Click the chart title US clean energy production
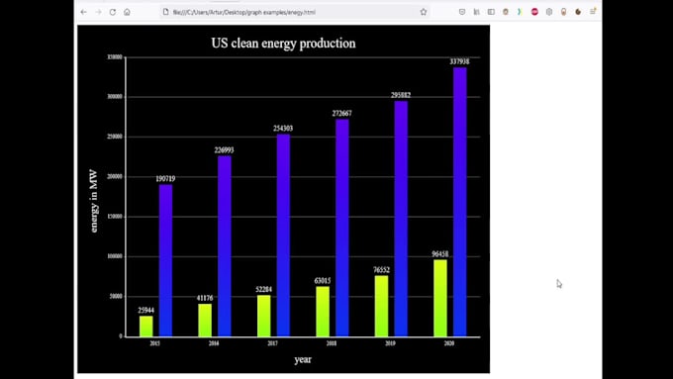pos(283,44)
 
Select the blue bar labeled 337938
pos(459,202)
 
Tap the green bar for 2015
pos(146,326)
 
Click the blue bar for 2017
pos(283,236)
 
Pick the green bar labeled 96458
pos(440,298)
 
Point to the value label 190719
pos(165,179)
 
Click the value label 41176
pos(205,298)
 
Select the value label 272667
pos(341,114)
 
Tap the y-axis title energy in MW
pos(94,201)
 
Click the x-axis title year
pos(303,359)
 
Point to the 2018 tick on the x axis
pos(332,343)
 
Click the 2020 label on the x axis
pos(449,343)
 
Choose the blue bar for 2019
pos(401,219)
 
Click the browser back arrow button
pos(83,12)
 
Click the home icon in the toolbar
pos(127,12)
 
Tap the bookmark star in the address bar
pos(424,12)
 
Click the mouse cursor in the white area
pos(559,284)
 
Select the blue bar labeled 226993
pos(225,246)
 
